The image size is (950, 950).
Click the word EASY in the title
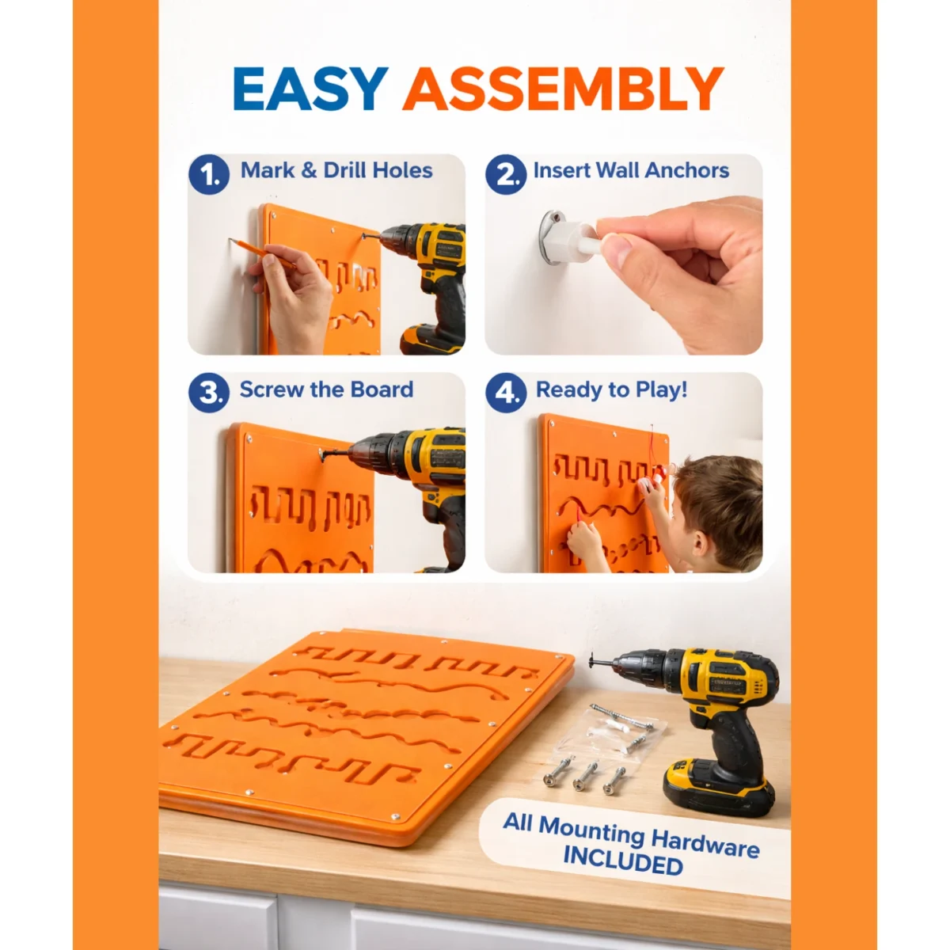[310, 89]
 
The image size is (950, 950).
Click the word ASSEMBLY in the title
[564, 89]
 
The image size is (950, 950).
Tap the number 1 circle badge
[209, 174]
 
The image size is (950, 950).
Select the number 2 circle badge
[506, 174]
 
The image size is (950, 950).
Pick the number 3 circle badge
[209, 393]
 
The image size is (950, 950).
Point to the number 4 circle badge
[506, 393]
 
